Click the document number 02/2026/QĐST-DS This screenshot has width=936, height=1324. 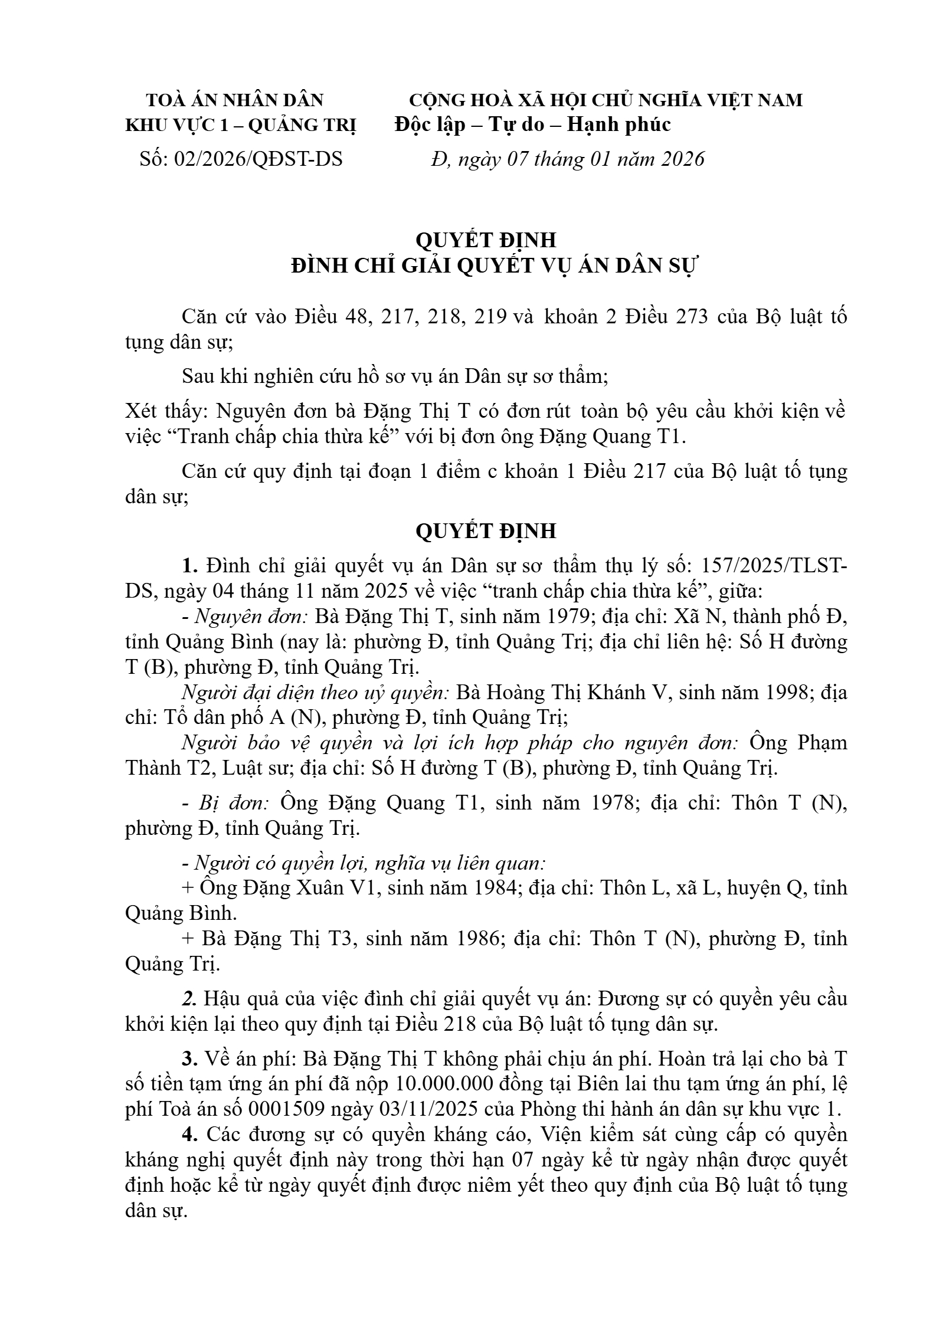[x=258, y=159]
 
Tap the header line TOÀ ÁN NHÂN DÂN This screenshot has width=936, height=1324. [x=235, y=100]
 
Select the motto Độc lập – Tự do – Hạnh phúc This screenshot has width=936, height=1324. [x=533, y=124]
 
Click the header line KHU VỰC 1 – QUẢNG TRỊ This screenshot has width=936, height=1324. [x=241, y=125]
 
